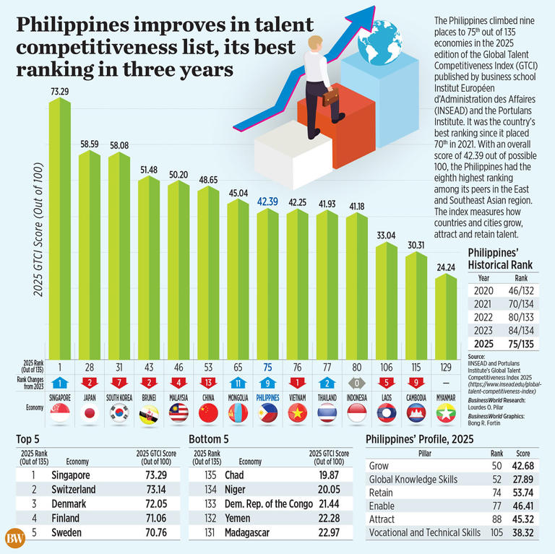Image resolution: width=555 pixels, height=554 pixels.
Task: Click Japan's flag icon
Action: tap(89, 414)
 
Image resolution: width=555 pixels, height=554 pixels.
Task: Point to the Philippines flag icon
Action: tap(267, 414)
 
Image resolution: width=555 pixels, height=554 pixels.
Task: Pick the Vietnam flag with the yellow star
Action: tap(297, 414)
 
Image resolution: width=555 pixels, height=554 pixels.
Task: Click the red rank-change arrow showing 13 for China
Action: tap(208, 381)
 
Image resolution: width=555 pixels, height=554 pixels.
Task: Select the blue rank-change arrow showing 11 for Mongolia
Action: tap(238, 381)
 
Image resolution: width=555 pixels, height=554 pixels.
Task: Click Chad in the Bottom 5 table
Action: tap(234, 475)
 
